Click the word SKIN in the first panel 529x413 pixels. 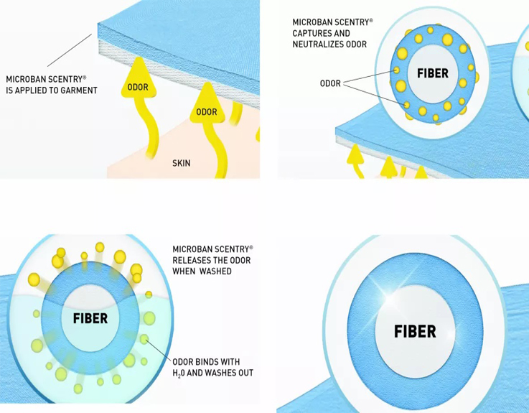pyautogui.click(x=182, y=163)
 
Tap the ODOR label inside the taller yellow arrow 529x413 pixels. pyautogui.click(x=138, y=88)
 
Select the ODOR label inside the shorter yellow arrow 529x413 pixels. pyautogui.click(x=206, y=112)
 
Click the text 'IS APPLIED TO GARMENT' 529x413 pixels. pyautogui.click(x=52, y=91)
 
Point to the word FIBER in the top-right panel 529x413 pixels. pyautogui.click(x=432, y=73)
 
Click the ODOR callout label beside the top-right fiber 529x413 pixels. pyautogui.click(x=330, y=83)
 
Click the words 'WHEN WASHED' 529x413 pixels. pyautogui.click(x=202, y=272)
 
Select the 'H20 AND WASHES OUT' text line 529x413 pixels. pyautogui.click(x=212, y=373)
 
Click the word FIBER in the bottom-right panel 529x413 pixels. pyautogui.click(x=415, y=331)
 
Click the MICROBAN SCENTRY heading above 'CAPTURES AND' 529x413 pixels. pyautogui.click(x=332, y=22)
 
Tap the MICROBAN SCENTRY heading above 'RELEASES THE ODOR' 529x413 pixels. pyautogui.click(x=212, y=249)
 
